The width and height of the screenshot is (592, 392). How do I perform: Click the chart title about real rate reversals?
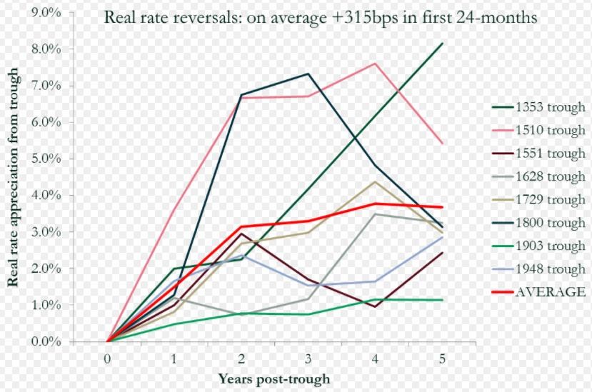(321, 17)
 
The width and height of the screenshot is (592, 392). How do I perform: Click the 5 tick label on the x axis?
(443, 357)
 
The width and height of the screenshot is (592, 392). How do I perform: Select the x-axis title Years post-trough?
(275, 378)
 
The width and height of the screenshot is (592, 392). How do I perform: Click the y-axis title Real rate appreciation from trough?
(13, 175)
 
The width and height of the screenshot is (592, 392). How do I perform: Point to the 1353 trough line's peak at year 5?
(443, 44)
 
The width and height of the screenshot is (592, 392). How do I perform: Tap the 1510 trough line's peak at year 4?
(376, 64)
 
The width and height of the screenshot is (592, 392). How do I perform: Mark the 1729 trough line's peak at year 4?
(376, 181)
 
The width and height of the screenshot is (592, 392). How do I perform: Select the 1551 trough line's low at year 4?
(376, 306)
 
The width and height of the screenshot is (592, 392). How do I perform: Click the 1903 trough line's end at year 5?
(443, 300)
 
